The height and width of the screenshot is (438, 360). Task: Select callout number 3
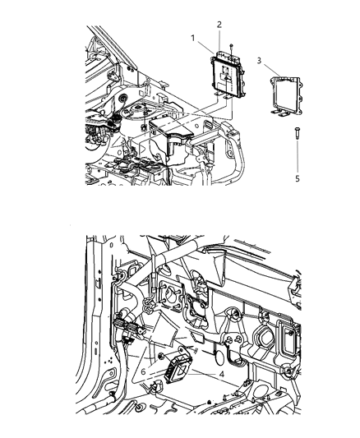coord(260,60)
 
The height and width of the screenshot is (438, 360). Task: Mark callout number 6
coord(144,371)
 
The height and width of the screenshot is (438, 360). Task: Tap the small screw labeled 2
coord(233,47)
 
